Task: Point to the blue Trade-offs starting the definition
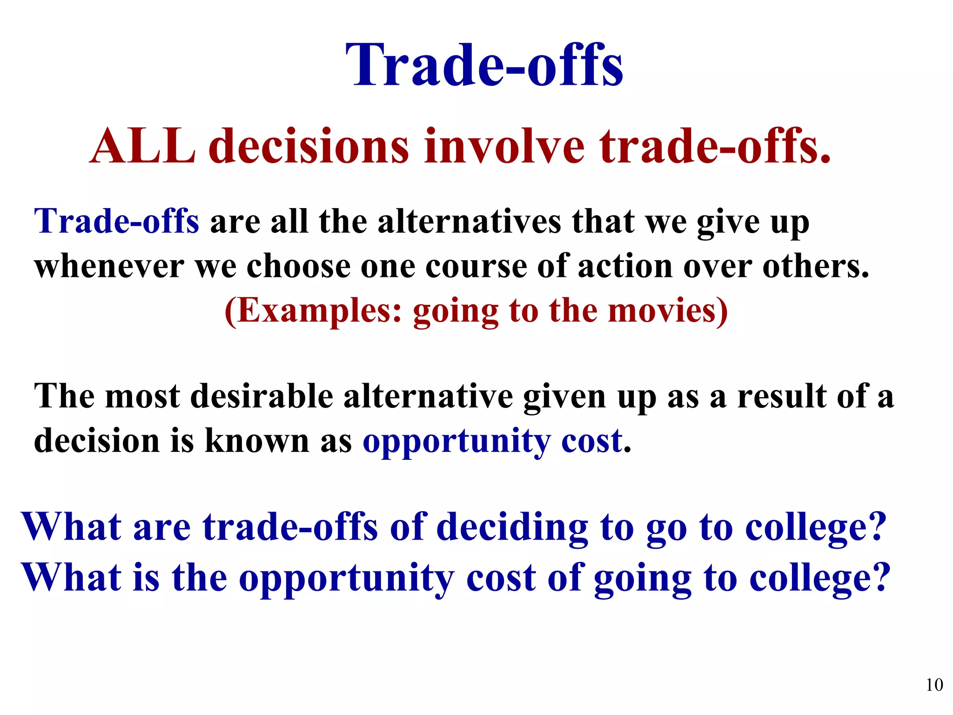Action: click(117, 221)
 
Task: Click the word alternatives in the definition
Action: click(470, 222)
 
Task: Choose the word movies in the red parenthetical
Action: click(668, 311)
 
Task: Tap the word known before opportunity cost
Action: click(257, 441)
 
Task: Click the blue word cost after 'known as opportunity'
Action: click(592, 441)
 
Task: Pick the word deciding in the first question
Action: click(513, 528)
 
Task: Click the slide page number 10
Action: click(934, 685)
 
